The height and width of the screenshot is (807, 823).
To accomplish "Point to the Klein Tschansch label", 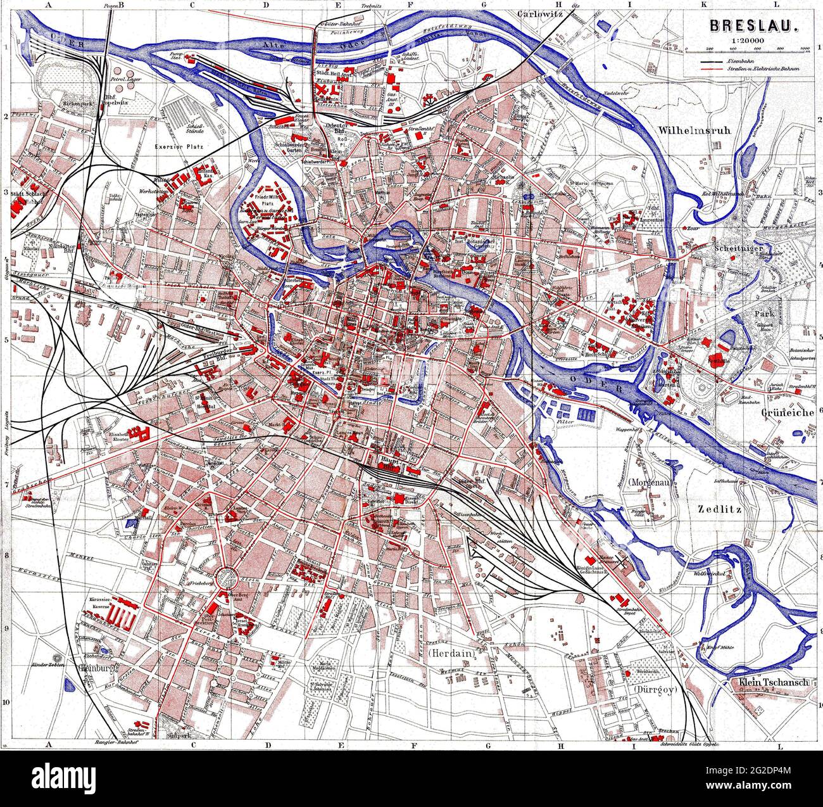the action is [774, 683].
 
